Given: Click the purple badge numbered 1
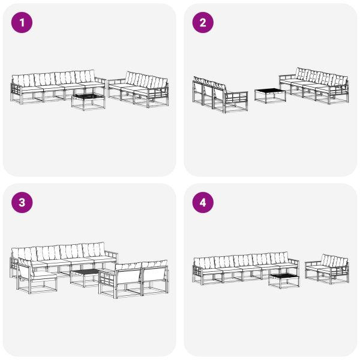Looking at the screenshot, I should coord(22,23).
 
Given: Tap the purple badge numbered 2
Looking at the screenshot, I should coord(203,23).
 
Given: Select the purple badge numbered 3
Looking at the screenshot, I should coord(22,203).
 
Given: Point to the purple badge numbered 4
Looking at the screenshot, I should coord(203,203).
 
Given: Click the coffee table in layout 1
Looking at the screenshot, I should coord(88,99).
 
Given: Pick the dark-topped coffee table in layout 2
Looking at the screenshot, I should coord(269,95).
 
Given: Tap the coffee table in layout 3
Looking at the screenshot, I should coord(85,277).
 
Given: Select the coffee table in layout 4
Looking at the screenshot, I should coord(284,279).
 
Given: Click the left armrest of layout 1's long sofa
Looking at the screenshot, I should coord(15,91).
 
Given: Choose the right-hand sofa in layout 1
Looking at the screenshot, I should coord(139,89).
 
